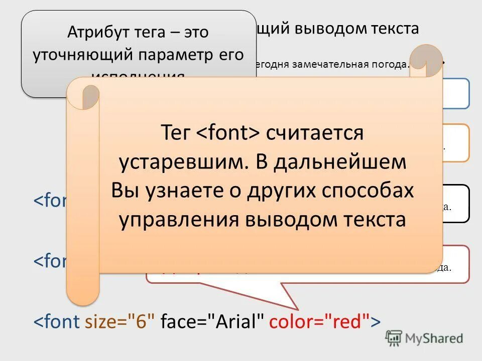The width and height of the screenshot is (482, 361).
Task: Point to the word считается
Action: (x=314, y=133)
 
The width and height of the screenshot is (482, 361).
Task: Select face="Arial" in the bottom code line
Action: (x=212, y=321)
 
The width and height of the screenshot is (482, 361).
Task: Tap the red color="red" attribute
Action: (x=319, y=321)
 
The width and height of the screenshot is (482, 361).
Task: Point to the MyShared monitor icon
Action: (x=394, y=338)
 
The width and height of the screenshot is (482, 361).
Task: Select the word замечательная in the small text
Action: (x=328, y=64)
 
